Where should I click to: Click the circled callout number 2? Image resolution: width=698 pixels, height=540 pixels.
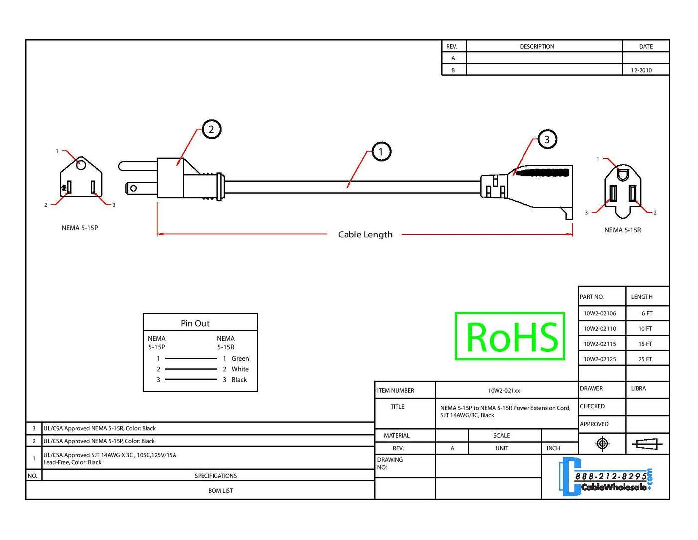211,129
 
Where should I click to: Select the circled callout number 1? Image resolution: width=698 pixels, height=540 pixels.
381,151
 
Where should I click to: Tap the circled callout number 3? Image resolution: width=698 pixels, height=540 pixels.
547,139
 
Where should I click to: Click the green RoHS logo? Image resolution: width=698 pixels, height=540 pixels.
510,336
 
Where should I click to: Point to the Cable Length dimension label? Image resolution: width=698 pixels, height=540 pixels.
365,234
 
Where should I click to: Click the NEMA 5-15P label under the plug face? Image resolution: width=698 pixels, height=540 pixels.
80,228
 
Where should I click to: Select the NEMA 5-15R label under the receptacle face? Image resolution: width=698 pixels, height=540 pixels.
622,230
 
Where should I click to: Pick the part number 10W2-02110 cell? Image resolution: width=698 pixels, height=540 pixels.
600,329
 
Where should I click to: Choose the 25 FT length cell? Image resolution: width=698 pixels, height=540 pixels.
645,359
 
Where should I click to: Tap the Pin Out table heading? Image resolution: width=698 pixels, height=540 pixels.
195,323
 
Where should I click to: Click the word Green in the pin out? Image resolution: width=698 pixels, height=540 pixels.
240,358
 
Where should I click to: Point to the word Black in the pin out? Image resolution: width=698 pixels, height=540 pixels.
239,380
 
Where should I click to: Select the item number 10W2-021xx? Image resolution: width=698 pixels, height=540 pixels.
504,391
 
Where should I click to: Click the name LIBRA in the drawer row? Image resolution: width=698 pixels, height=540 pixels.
638,388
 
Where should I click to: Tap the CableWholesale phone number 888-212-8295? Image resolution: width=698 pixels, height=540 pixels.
611,476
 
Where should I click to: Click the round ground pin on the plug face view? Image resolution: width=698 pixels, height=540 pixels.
81,163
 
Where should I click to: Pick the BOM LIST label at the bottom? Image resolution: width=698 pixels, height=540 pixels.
220,491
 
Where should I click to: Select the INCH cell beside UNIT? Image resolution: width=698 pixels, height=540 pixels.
553,448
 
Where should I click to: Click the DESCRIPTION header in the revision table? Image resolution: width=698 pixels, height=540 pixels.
536,46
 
